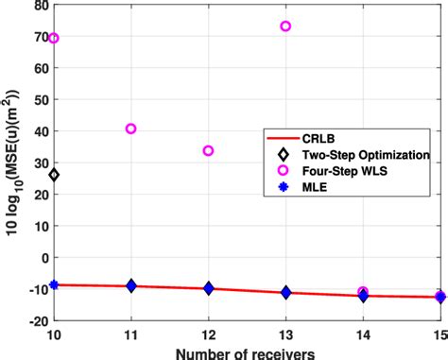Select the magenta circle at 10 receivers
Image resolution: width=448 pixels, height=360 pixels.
coord(54,39)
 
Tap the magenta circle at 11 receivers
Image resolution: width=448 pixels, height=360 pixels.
coord(131,129)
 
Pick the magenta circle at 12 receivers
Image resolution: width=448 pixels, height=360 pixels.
coord(208,150)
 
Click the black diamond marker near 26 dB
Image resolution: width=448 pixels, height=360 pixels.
coord(54,175)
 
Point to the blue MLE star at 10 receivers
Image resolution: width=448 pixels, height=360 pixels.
coord(54,284)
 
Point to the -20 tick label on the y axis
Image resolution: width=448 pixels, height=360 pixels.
coord(34,318)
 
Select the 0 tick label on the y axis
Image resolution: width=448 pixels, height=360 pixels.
coord(41,257)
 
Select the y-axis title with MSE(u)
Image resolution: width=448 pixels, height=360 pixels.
coord(12,165)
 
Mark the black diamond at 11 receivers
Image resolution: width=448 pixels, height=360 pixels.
coord(131,285)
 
